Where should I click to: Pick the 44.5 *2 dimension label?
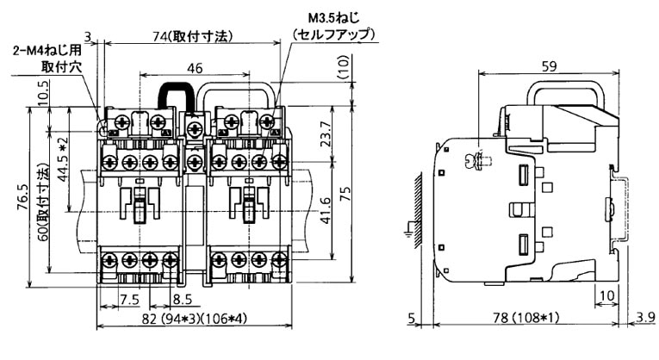(62, 157)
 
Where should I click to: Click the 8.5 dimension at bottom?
(182, 301)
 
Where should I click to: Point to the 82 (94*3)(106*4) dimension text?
(193, 320)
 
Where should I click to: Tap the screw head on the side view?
(473, 160)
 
